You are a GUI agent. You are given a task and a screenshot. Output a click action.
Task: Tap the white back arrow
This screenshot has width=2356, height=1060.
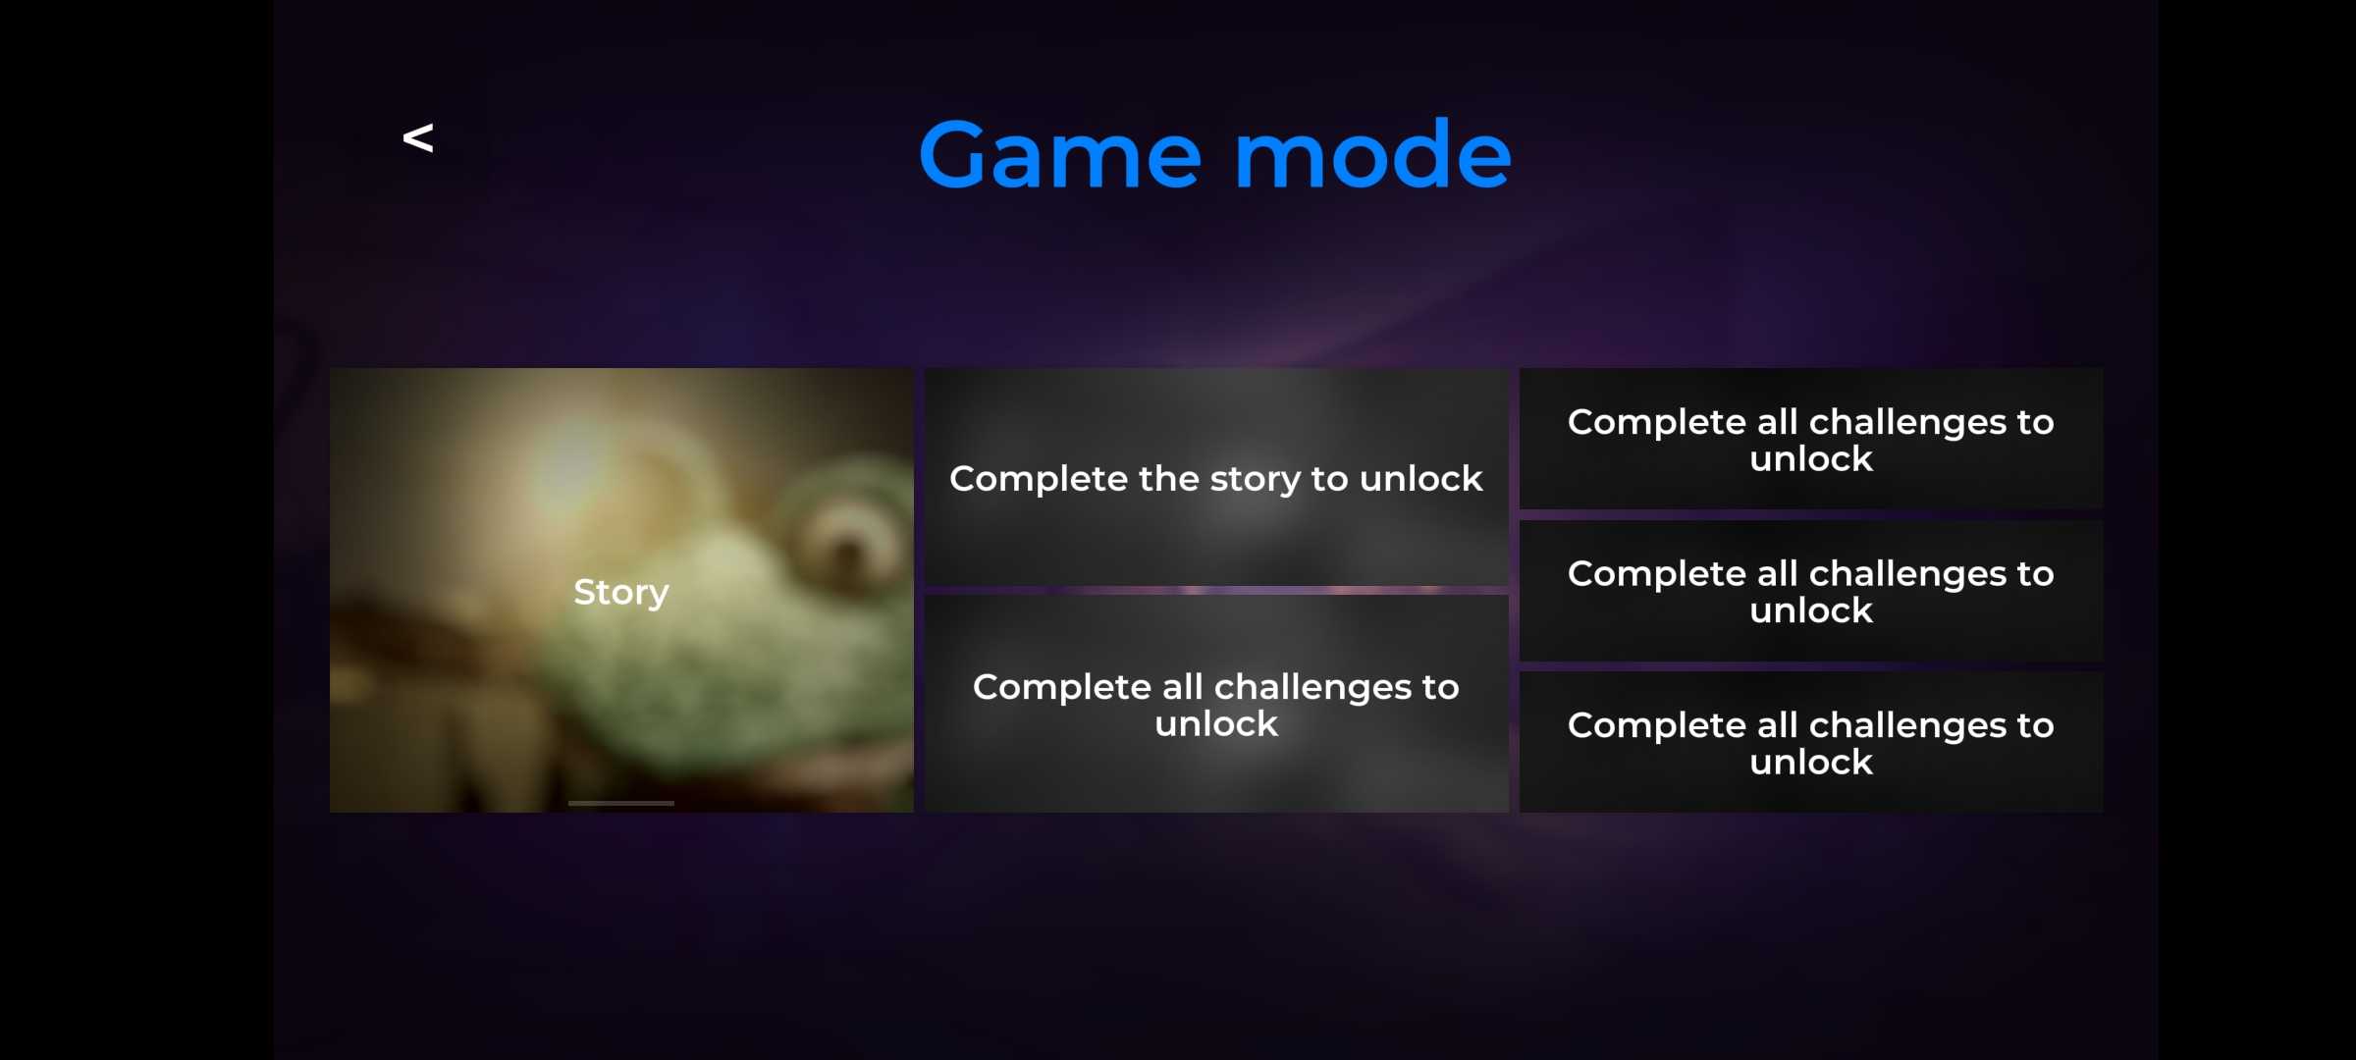click(x=418, y=137)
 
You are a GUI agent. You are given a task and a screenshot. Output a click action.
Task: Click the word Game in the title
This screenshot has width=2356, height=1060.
click(x=1060, y=155)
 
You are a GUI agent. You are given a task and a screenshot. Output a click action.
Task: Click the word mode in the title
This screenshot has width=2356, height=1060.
click(x=1372, y=155)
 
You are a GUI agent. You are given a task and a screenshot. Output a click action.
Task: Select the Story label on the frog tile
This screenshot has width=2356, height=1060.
click(x=621, y=592)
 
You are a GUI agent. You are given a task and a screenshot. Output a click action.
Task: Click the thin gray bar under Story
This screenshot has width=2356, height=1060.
click(x=621, y=803)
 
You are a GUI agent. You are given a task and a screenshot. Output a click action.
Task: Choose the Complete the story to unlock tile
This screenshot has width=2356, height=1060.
click(x=1216, y=477)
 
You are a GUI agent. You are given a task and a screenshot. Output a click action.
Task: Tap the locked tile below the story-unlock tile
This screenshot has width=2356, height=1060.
click(x=1216, y=704)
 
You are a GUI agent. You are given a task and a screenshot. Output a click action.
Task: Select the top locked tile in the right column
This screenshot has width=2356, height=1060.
click(x=1811, y=439)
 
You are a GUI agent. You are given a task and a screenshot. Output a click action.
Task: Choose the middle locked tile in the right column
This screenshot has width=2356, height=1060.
click(x=1811, y=591)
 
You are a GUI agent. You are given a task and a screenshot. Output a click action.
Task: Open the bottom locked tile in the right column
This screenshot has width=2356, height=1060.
click(x=1811, y=742)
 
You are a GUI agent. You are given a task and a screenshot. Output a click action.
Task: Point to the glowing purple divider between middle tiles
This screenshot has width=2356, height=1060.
click(x=1216, y=590)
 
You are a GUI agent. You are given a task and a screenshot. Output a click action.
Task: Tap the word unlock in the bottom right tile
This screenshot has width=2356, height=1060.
click(x=1811, y=762)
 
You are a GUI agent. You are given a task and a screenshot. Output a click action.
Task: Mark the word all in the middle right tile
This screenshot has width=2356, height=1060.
click(x=1778, y=573)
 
